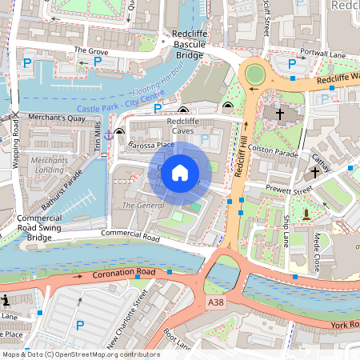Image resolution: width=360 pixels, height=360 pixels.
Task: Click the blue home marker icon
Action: point(180,172)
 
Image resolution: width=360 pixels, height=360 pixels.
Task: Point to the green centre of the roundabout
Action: point(255,74)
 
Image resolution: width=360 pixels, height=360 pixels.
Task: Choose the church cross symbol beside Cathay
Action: point(315,171)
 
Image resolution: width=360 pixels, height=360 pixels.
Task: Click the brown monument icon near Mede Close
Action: point(306,214)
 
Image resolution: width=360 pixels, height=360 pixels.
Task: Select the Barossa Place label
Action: point(150,145)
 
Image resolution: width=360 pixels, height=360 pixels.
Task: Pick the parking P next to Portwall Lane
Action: point(292,62)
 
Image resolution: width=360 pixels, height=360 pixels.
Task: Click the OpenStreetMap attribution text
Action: point(81,354)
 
